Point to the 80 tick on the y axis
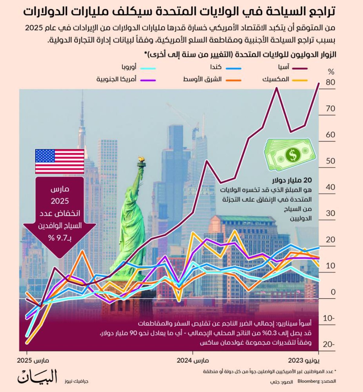pyautogui.click(x=331, y=82)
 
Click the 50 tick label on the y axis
pyautogui.click(x=331, y=161)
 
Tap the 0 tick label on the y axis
pyautogui.click(x=333, y=292)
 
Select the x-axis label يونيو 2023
pyautogui.click(x=304, y=361)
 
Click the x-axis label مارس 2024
pyautogui.click(x=193, y=361)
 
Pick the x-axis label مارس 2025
pyautogui.click(x=33, y=361)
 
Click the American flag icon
pyautogui.click(x=60, y=161)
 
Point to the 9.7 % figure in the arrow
pyautogui.click(x=60, y=238)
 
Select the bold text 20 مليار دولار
pyautogui.click(x=292, y=180)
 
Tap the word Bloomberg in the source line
pyautogui.click(x=308, y=381)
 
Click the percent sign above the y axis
pyautogui.click(x=331, y=72)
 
